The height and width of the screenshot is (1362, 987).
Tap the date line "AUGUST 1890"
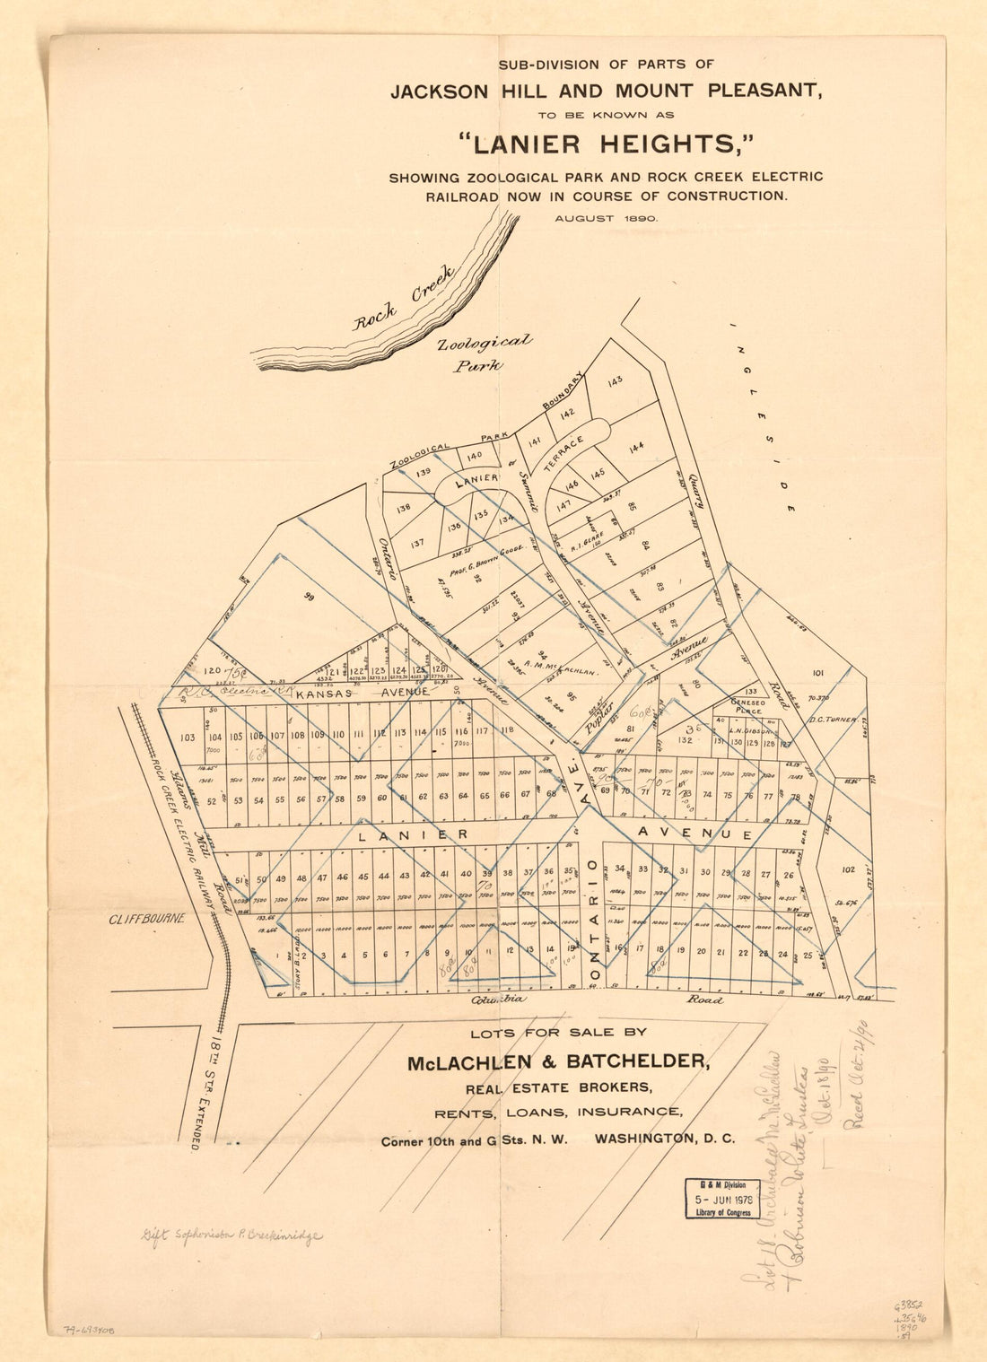(606, 218)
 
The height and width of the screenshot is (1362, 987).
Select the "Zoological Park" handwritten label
(483, 354)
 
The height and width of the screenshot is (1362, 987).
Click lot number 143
(615, 381)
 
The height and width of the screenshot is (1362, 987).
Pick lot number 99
(310, 596)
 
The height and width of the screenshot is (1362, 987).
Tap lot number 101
(817, 672)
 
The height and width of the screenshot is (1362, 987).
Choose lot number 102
(849, 869)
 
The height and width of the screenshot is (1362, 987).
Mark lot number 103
(188, 738)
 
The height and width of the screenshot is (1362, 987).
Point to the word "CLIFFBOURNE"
(147, 919)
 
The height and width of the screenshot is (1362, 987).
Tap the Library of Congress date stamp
(722, 1199)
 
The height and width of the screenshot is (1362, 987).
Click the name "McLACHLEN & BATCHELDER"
(558, 1062)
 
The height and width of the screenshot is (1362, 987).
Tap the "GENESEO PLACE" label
(750, 706)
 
